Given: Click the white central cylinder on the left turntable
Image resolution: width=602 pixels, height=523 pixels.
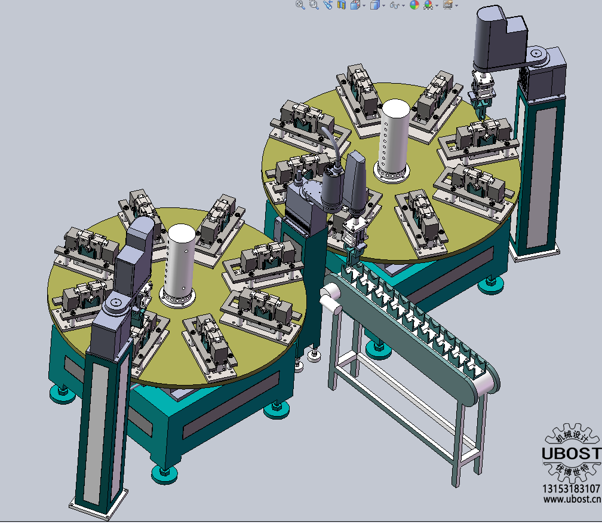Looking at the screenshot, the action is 180,265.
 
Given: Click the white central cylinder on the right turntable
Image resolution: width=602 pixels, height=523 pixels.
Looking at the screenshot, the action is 394,140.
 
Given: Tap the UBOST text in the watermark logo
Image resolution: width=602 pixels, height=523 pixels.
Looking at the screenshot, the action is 571,454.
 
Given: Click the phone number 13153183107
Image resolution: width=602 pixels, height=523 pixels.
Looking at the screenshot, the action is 572,488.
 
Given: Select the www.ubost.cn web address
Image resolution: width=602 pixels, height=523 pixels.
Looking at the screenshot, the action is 572,499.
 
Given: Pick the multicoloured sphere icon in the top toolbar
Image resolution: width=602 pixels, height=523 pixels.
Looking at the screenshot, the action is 414,5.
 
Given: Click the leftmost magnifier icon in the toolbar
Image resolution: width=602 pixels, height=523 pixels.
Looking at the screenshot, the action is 300,5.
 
